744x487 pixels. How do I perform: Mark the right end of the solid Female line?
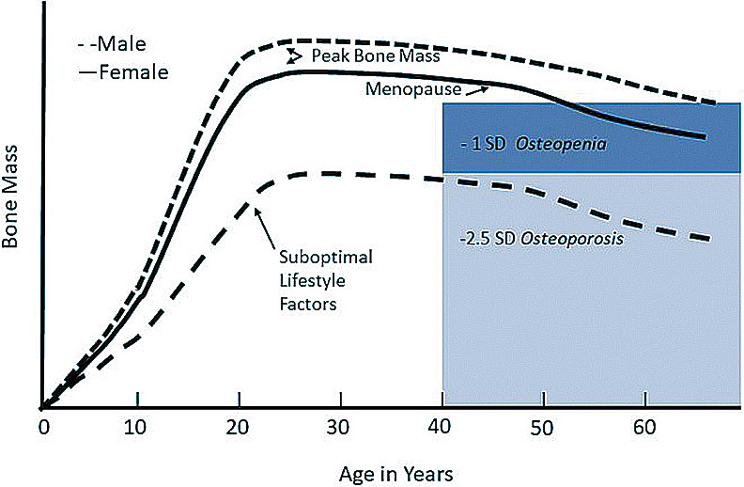(x=705, y=136)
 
